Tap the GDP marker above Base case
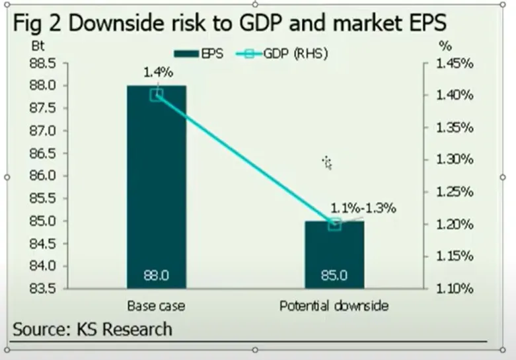click(157, 94)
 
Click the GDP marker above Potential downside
click(334, 224)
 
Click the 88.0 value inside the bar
click(157, 275)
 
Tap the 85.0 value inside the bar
click(334, 275)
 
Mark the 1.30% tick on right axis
click(455, 159)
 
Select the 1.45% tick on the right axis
click(455, 63)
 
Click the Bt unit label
click(37, 48)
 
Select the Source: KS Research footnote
click(92, 328)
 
